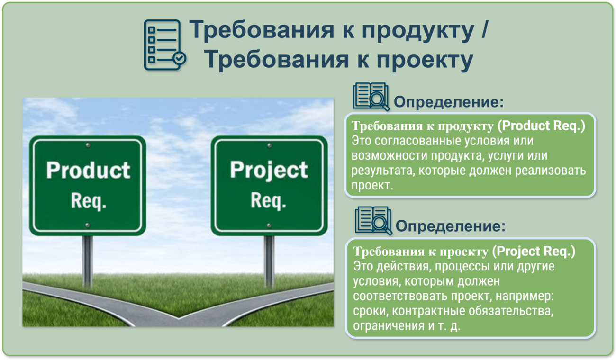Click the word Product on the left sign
coord(88,170)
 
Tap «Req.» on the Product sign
coord(89,201)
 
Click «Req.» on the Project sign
coord(268,201)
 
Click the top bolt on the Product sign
coord(88,145)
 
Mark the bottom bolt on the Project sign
coord(269,225)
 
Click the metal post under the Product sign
coord(88,261)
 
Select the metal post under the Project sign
coord(269,261)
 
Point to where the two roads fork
coord(179,318)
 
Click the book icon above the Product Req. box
coord(371,97)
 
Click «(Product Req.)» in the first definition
coord(541,126)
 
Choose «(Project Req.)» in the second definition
coord(534,252)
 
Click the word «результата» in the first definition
coord(382,171)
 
